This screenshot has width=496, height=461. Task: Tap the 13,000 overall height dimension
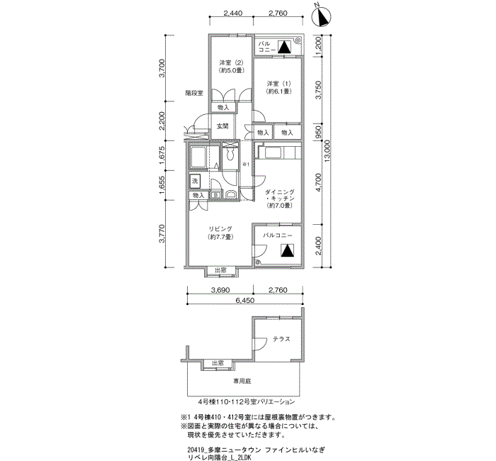pos(327,150)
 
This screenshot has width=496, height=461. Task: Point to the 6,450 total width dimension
pos(244,301)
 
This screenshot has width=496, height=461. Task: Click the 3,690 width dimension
pos(220,291)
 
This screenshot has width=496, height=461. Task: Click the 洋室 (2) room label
pos(230,66)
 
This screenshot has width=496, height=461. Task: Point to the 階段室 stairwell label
pos(194,93)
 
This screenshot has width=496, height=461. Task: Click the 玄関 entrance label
pos(222,126)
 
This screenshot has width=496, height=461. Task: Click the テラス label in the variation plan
pos(281,339)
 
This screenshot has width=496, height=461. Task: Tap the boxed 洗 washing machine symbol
pos(195,181)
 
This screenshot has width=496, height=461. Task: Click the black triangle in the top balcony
pos(283,48)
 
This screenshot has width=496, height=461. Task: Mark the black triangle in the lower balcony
pos(288,250)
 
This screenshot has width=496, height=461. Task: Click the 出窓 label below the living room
pos(220,270)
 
